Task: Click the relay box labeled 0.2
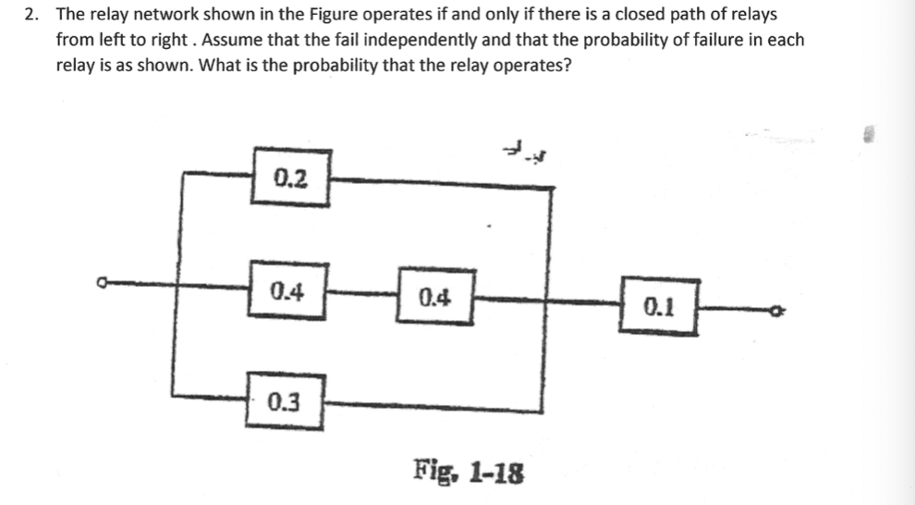pos(290,178)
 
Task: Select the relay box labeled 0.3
pos(285,401)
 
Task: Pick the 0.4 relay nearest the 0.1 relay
pos(435,297)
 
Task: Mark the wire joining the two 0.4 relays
pos(363,295)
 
